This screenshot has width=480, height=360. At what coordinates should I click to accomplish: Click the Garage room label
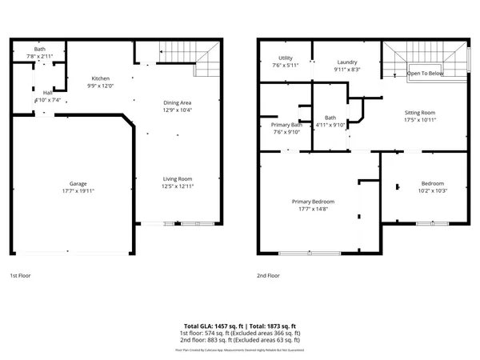(78, 183)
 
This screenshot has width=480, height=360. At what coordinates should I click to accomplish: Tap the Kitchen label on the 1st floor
(100, 78)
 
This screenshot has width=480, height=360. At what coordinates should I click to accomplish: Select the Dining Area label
(177, 102)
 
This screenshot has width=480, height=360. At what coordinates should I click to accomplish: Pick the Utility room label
(285, 58)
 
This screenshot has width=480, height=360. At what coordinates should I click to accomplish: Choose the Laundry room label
(346, 62)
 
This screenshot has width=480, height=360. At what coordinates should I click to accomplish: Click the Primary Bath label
(286, 125)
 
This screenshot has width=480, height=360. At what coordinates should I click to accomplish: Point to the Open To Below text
(426, 73)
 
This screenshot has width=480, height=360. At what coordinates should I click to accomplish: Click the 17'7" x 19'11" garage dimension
(78, 191)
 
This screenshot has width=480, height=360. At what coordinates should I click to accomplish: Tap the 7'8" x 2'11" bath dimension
(39, 57)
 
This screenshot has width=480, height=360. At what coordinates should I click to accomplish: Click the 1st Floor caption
(21, 275)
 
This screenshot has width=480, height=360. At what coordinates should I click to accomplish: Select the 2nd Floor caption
(268, 275)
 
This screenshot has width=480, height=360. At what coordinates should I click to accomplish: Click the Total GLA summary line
(240, 326)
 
